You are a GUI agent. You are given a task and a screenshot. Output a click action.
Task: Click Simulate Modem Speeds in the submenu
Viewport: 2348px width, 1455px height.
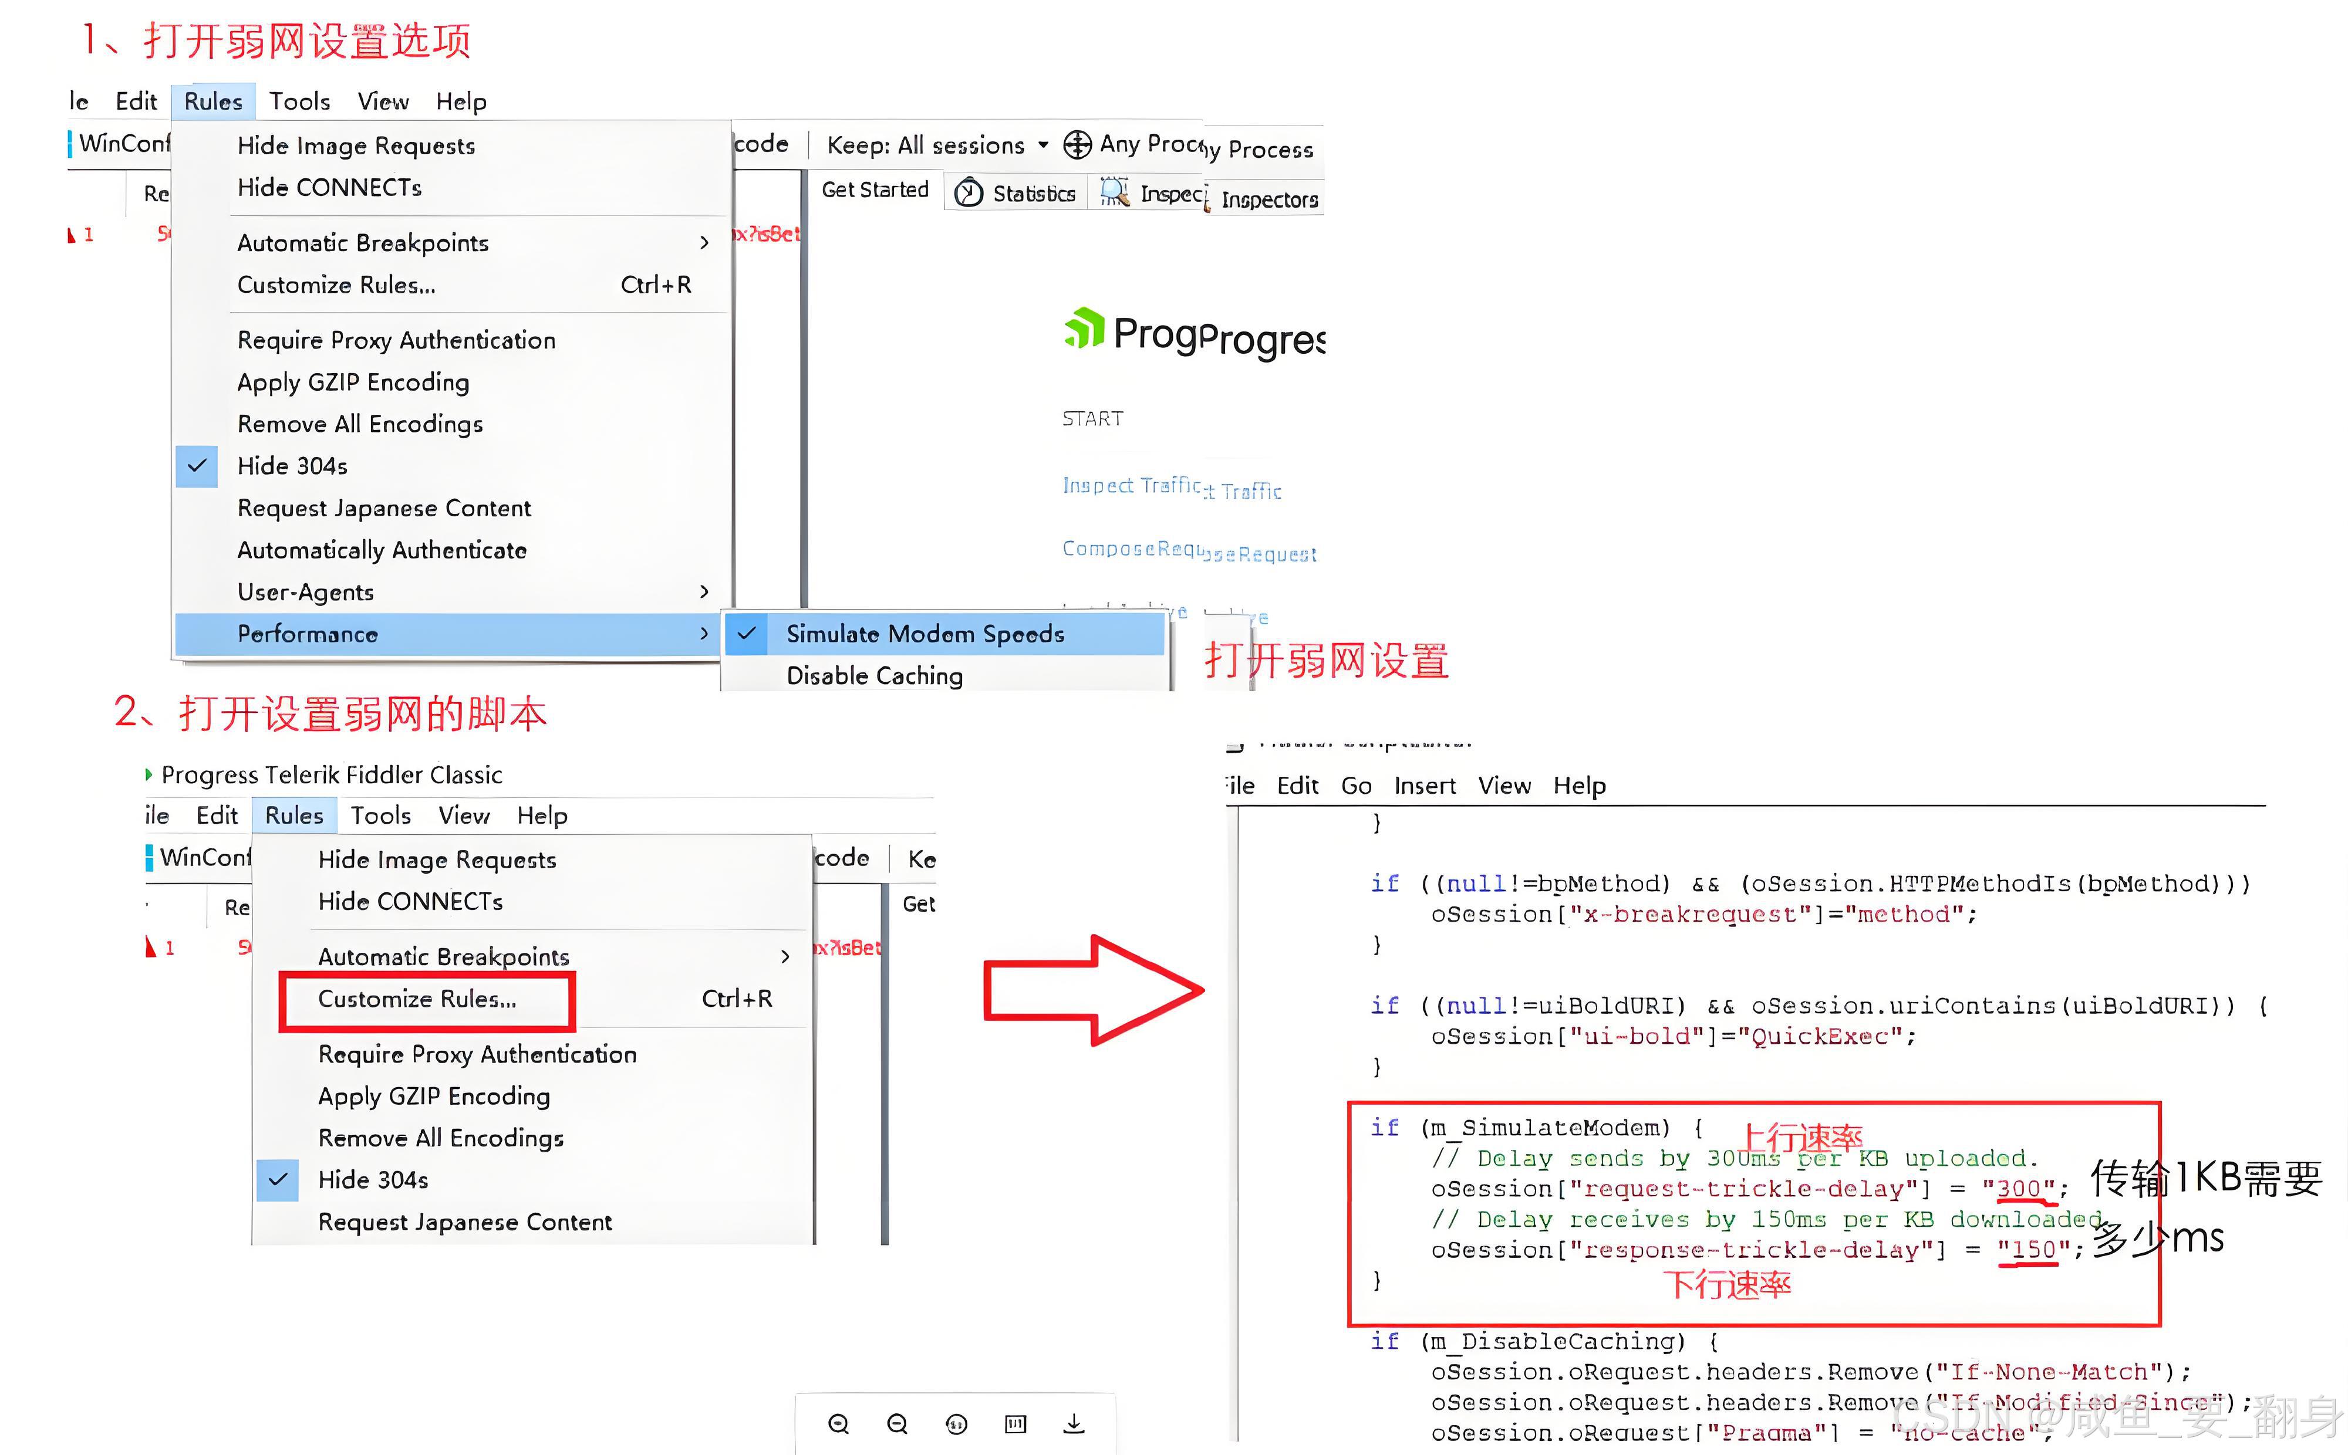pyautogui.click(x=924, y=634)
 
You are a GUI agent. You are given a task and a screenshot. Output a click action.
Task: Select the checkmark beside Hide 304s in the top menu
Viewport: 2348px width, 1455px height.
pyautogui.click(x=197, y=466)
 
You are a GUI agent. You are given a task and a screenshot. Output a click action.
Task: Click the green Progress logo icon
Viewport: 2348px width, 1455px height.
pyautogui.click(x=1084, y=329)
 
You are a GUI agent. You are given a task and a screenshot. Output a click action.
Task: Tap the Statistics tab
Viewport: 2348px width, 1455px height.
pyautogui.click(x=1017, y=194)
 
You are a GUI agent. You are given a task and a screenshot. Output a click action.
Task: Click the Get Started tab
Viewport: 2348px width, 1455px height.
pyautogui.click(x=874, y=190)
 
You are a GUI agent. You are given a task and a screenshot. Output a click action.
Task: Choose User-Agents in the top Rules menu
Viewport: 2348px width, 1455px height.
pyautogui.click(x=305, y=592)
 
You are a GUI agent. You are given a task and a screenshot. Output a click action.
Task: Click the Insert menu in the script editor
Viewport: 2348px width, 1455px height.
pyautogui.click(x=1424, y=786)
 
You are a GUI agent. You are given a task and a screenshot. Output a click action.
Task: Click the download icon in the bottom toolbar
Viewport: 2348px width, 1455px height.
pyautogui.click(x=1074, y=1423)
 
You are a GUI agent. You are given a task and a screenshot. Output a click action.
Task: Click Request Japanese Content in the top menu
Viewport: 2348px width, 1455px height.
pyautogui.click(x=384, y=508)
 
